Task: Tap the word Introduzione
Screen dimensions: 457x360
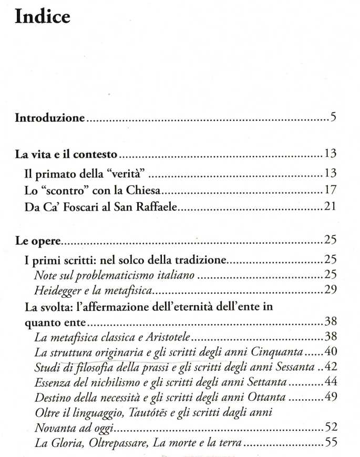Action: (x=49, y=118)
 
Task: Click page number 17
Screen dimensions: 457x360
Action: (x=330, y=189)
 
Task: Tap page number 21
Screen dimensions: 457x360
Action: (x=330, y=206)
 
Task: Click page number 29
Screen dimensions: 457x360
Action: (x=330, y=289)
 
